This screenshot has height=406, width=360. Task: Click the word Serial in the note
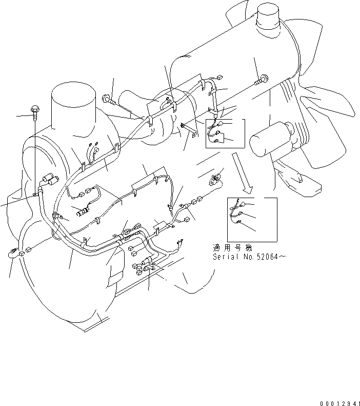pyautogui.click(x=225, y=256)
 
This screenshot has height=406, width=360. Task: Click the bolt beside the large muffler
pyautogui.click(x=263, y=80)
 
